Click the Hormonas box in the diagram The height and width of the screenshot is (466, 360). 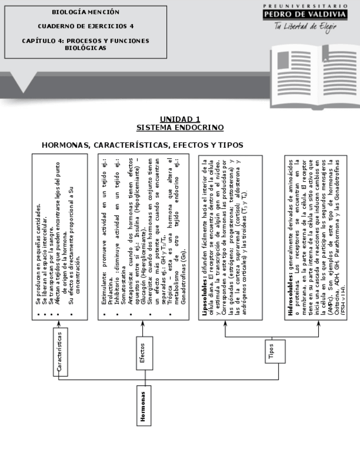coord(143,406)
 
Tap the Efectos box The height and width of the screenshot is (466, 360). coord(142,352)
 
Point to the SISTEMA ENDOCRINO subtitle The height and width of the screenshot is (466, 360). coord(180,127)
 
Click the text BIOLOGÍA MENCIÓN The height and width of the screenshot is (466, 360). coord(85,12)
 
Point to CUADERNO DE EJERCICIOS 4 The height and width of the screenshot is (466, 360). coord(85,26)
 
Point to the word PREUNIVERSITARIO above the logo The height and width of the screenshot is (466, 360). coord(305,4)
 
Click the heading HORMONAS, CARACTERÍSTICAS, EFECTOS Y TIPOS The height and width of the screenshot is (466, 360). coord(142,145)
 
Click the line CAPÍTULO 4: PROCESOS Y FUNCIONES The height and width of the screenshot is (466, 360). coord(85,40)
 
